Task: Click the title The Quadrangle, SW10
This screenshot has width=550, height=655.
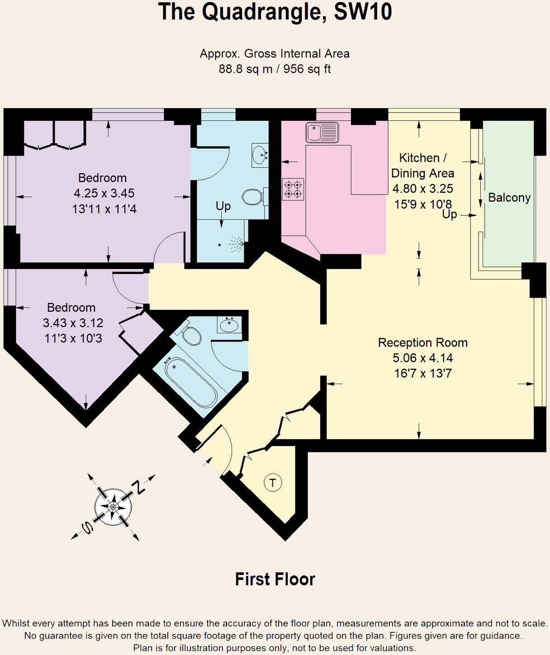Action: pyautogui.click(x=275, y=12)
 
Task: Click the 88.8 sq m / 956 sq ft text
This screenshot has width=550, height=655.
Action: pyautogui.click(x=275, y=69)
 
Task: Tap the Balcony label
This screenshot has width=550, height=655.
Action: pyautogui.click(x=509, y=198)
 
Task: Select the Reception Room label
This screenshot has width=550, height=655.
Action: pyautogui.click(x=422, y=342)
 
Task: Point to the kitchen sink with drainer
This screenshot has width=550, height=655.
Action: pyautogui.click(x=322, y=133)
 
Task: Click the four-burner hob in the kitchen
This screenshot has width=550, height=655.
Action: pyautogui.click(x=293, y=189)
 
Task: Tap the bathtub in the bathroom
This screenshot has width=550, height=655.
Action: pyautogui.click(x=190, y=383)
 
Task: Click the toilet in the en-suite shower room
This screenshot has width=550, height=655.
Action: pyautogui.click(x=252, y=197)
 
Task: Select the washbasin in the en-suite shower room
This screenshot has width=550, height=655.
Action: pyautogui.click(x=260, y=155)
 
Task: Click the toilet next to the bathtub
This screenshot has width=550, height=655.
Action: pyautogui.click(x=192, y=335)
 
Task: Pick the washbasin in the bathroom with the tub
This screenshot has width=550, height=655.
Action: pyautogui.click(x=229, y=324)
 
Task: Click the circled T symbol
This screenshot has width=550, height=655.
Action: pyautogui.click(x=273, y=483)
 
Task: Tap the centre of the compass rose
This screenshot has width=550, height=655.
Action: pyautogui.click(x=113, y=507)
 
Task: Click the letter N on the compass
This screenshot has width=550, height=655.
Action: pyautogui.click(x=138, y=488)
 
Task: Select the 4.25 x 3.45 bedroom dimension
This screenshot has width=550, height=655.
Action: pyautogui.click(x=104, y=193)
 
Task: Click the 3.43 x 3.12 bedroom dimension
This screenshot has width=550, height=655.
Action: pyautogui.click(x=73, y=323)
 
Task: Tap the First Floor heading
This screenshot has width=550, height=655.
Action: pyautogui.click(x=275, y=579)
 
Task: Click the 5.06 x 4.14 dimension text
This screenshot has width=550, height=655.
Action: pyautogui.click(x=422, y=358)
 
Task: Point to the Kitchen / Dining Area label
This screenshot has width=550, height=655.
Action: pyautogui.click(x=422, y=166)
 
